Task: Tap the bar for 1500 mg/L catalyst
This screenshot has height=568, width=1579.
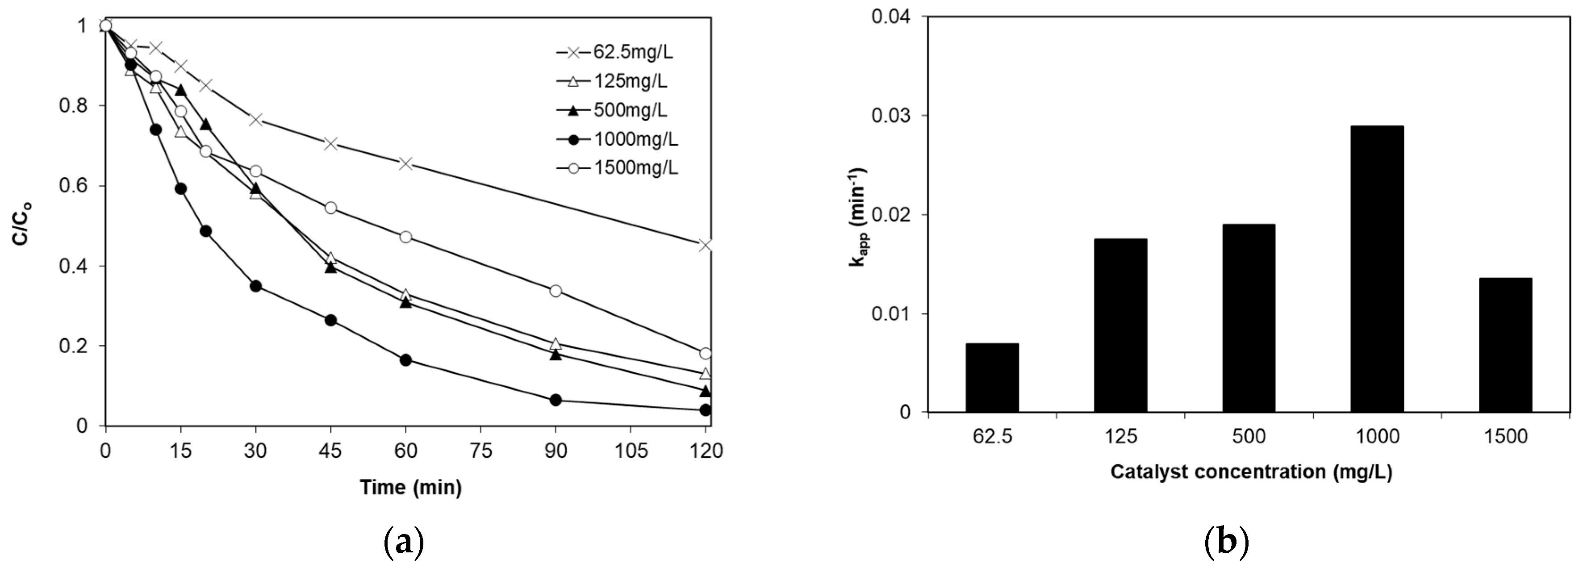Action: coord(1505,345)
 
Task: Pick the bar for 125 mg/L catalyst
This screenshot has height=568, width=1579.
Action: coord(1120,326)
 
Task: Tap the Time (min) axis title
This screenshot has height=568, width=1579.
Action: coord(410,487)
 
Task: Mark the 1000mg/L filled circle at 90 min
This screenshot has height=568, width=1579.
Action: coord(556,400)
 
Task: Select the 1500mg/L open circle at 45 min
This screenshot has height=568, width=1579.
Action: coord(330,208)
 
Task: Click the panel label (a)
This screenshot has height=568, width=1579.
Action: coord(403,542)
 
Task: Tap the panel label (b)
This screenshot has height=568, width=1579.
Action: coord(1226,542)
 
